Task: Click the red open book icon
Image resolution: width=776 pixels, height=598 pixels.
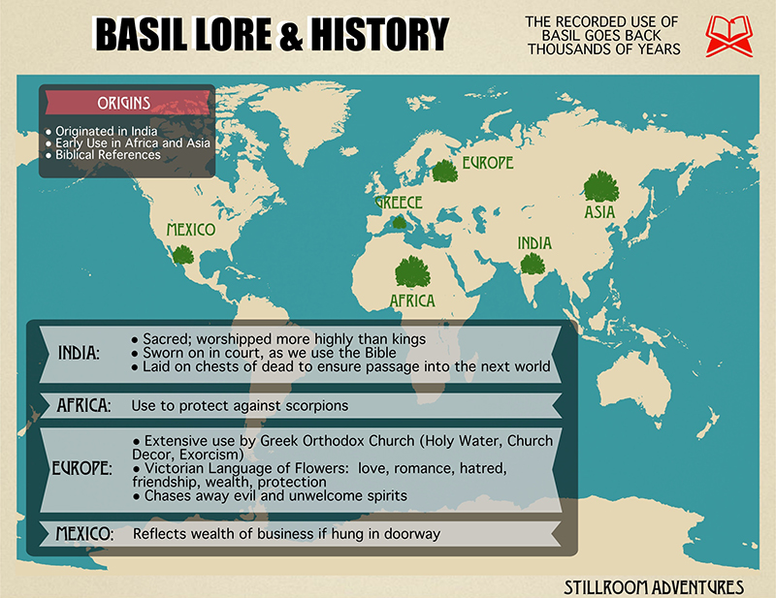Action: tap(728, 35)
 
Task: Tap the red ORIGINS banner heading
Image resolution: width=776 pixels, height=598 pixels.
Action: tap(124, 103)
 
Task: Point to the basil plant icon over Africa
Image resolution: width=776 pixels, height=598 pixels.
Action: tap(413, 271)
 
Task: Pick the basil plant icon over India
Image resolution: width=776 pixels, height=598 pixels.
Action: tap(532, 263)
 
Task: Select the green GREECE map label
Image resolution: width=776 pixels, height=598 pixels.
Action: tap(399, 203)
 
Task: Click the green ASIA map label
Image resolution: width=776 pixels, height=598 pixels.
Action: tap(598, 212)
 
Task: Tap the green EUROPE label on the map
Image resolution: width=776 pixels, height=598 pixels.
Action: tap(487, 162)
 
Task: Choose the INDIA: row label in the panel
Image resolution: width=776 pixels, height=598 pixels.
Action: tap(80, 353)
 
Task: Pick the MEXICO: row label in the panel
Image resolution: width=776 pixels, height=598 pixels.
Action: tap(84, 534)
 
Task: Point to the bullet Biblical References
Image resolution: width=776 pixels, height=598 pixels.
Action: tap(108, 155)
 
